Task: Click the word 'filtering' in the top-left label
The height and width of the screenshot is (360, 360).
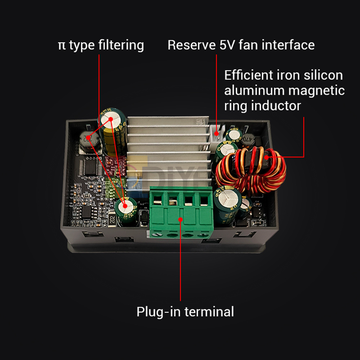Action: coord(121,45)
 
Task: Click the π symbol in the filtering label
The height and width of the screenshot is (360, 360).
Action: coord(62,46)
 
